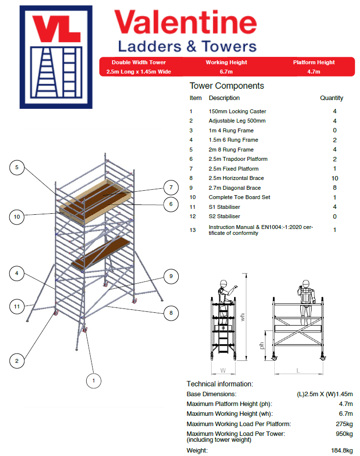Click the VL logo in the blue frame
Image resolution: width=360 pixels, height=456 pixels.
[56, 57]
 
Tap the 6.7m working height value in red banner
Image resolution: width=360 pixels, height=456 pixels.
[226, 72]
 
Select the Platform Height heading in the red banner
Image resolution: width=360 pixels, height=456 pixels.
[314, 62]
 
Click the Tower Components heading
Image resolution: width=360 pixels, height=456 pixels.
[227, 86]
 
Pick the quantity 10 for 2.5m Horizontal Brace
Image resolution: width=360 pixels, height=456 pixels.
[335, 178]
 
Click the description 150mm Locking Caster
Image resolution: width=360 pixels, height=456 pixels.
[237, 111]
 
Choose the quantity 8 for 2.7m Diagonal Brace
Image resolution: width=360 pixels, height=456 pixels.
[335, 188]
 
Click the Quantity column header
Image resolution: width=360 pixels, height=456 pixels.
[332, 98]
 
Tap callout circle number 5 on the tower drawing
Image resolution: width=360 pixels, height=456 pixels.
[17, 168]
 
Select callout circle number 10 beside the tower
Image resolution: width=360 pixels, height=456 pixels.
[17, 217]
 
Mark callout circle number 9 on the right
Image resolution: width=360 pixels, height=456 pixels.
[171, 276]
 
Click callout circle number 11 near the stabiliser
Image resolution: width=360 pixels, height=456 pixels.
[17, 306]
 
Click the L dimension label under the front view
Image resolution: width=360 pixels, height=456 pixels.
[298, 371]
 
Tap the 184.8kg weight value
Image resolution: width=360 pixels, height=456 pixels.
[342, 451]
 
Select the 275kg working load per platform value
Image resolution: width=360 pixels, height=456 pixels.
[344, 424]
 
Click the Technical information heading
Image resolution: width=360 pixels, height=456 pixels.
[220, 384]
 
